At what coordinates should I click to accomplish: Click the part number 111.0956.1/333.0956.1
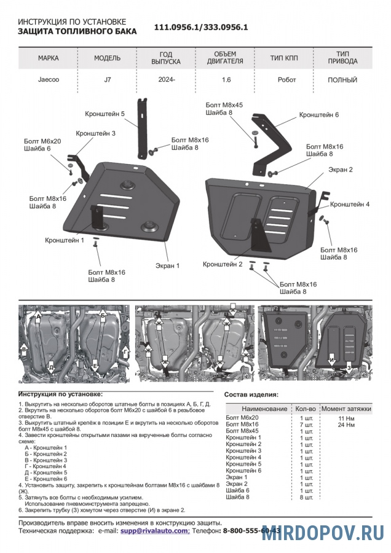pos(200,28)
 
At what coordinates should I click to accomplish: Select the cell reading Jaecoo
pos(48,80)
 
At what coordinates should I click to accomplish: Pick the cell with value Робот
pos(286,80)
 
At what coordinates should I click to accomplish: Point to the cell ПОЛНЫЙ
pos(342,80)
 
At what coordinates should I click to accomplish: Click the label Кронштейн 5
pos(105,114)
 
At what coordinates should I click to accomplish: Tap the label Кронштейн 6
pos(318,115)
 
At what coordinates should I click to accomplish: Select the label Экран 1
pos(167,266)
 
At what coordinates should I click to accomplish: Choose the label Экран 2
pos(340,169)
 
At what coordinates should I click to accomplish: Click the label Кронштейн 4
pos(350,204)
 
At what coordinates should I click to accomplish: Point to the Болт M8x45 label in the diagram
pos(224,105)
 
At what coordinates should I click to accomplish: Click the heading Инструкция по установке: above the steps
pos(61,393)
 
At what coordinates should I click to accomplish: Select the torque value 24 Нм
pos(347,424)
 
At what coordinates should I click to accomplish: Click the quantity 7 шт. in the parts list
pos(306,424)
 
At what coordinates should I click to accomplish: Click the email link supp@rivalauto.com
pos(155,530)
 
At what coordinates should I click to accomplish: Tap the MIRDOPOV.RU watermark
pos(323,533)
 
